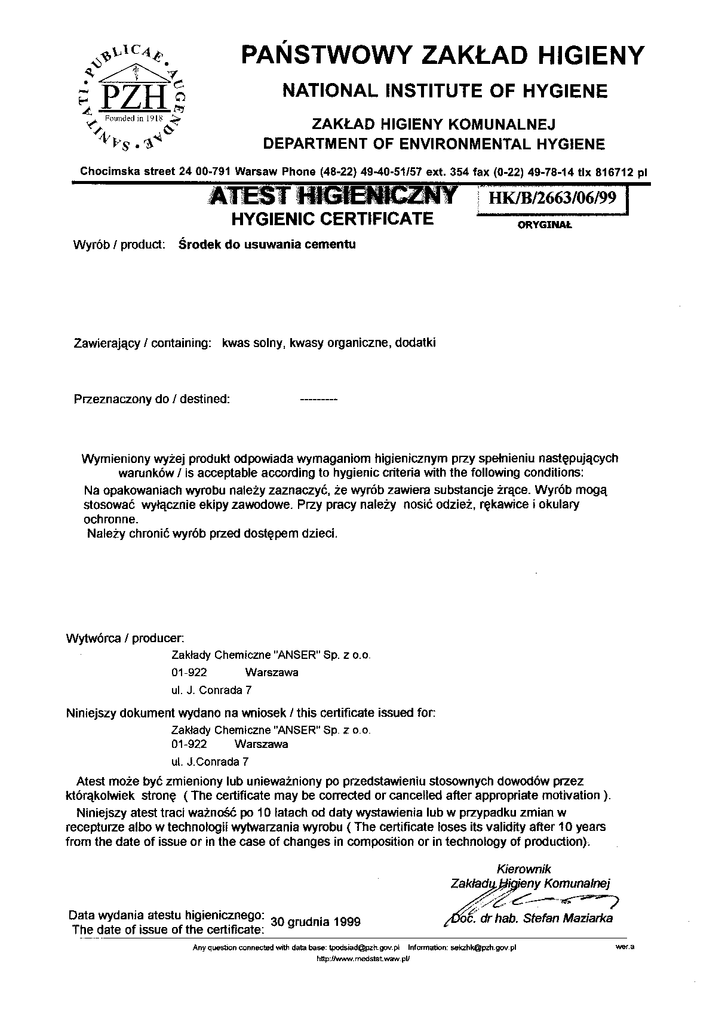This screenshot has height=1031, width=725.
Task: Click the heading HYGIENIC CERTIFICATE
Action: tap(332, 219)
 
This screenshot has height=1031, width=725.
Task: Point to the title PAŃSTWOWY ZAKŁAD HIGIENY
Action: tap(443, 56)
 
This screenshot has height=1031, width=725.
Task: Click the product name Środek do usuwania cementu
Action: tap(268, 244)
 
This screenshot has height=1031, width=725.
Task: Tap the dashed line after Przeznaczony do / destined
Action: tap(318, 399)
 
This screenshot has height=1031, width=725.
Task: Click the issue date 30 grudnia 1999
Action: tap(316, 921)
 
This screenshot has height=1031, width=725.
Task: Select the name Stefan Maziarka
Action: tap(567, 918)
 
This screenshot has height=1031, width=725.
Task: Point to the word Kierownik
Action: tap(524, 869)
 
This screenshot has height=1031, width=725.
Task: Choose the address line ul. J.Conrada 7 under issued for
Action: tap(210, 762)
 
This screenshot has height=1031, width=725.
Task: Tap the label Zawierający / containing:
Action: tap(142, 343)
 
